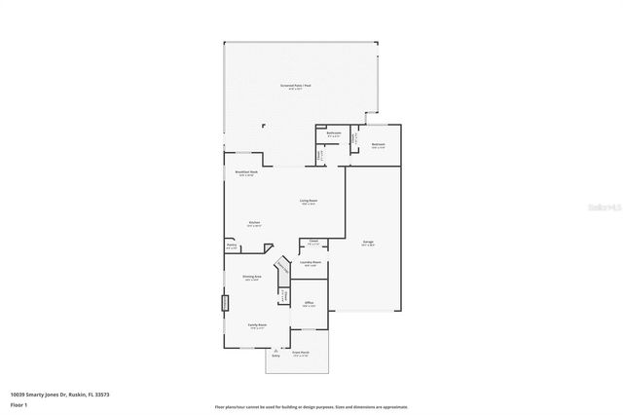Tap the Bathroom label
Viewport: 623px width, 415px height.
click(x=333, y=134)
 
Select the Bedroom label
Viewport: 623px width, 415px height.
click(x=378, y=145)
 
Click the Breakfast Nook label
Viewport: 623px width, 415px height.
click(x=246, y=172)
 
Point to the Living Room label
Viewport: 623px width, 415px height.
click(x=309, y=201)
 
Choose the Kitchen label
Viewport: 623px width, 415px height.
click(x=253, y=223)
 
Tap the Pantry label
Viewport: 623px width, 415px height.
click(x=232, y=246)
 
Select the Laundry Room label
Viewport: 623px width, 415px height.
click(x=311, y=263)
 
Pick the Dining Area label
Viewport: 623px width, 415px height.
click(x=251, y=278)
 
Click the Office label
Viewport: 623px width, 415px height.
click(x=309, y=304)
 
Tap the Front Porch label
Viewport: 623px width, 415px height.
click(x=301, y=353)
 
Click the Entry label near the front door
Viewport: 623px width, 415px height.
click(x=275, y=357)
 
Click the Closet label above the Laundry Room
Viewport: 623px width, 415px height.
click(x=313, y=241)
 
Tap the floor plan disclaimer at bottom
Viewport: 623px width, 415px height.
click(x=311, y=407)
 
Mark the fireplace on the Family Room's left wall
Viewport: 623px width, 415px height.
click(x=224, y=303)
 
